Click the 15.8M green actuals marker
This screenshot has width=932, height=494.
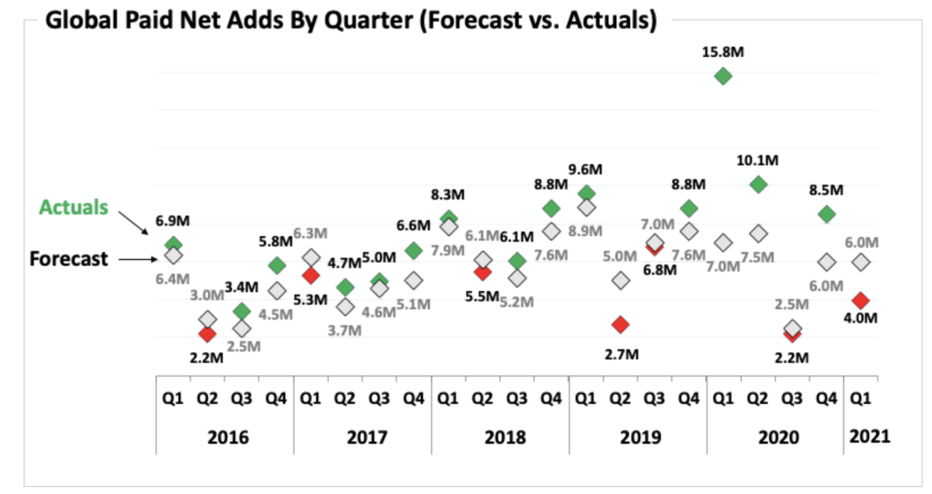point(723,76)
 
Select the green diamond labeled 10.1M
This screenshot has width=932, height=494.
point(758,184)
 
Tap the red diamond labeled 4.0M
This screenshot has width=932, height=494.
point(860,300)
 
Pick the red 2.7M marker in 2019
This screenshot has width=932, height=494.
point(620,324)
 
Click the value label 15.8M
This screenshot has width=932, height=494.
point(723,52)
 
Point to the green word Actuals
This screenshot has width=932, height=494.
point(73,207)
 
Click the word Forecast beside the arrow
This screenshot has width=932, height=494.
point(68,258)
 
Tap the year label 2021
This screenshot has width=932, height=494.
point(868,436)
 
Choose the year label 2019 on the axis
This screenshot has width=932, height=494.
point(640,436)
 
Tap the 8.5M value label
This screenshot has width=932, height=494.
point(826,189)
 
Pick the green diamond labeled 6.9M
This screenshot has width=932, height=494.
point(173,244)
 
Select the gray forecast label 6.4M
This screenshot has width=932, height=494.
point(173,279)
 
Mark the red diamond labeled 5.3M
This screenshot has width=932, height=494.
point(311,275)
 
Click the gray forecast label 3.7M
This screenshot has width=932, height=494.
point(345,330)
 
